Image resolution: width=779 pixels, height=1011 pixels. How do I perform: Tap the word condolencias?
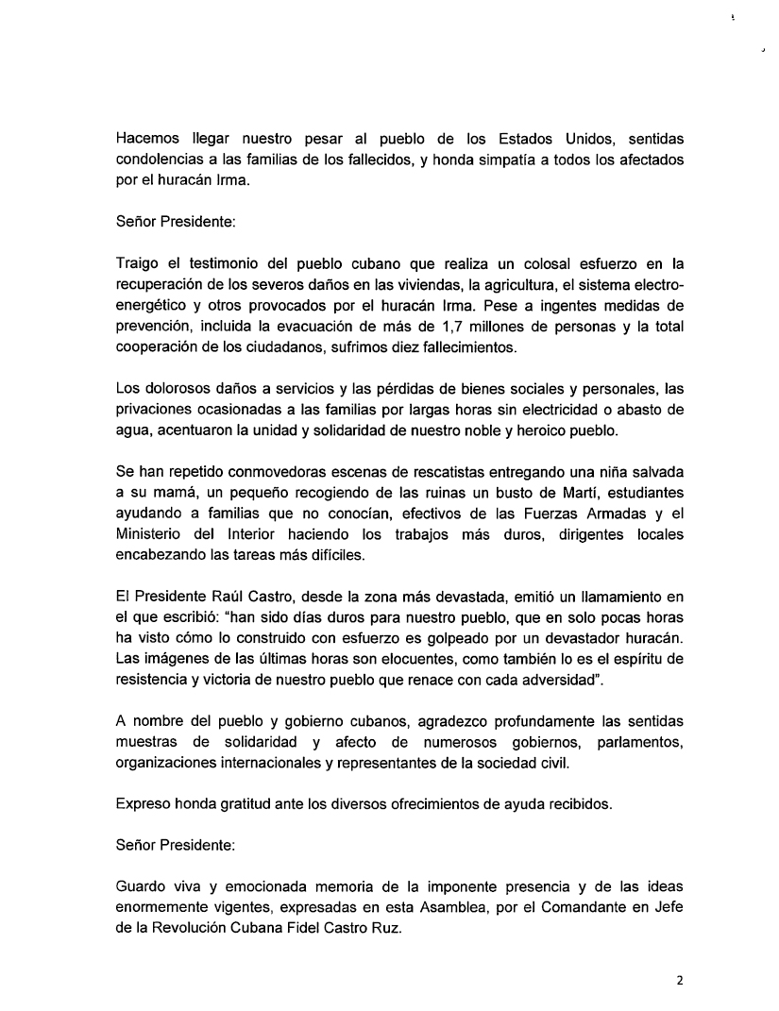161,160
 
